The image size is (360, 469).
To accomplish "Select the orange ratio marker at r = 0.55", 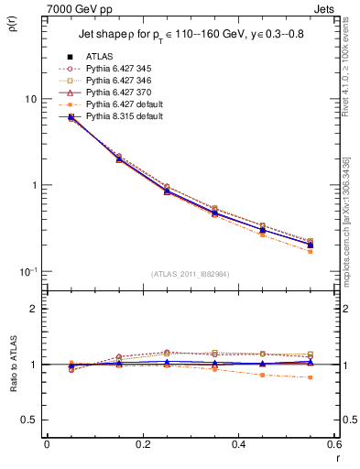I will [310, 377].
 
